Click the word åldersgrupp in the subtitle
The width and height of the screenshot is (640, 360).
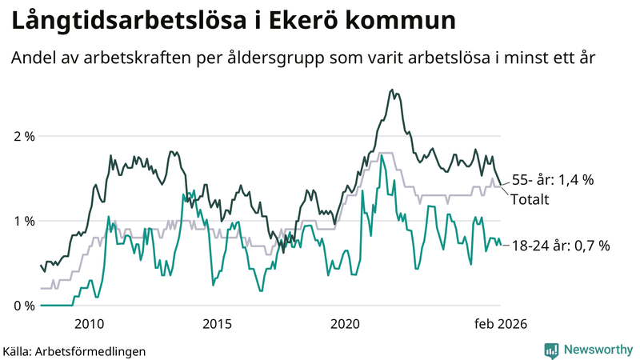(x=279, y=58)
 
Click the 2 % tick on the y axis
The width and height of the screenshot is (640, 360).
(x=24, y=136)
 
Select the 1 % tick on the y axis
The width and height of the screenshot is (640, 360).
(x=24, y=221)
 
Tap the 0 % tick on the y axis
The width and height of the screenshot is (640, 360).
(x=24, y=306)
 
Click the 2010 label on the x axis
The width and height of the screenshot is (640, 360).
(x=89, y=323)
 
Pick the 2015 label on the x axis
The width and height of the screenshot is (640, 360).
(x=217, y=323)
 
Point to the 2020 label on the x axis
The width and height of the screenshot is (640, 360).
(x=346, y=323)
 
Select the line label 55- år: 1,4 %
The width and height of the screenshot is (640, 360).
(x=553, y=180)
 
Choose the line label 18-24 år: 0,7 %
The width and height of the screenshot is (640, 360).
(x=560, y=246)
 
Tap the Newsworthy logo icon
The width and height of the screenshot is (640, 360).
(x=551, y=350)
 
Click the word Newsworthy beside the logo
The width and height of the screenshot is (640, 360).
(x=598, y=350)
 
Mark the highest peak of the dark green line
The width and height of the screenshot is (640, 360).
(x=391, y=90)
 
